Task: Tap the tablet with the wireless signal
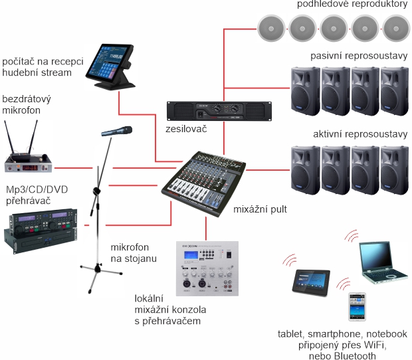coord(312,282)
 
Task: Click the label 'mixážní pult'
coord(256,210)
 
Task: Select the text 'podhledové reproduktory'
coord(352,5)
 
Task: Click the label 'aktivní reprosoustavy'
coord(360,135)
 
